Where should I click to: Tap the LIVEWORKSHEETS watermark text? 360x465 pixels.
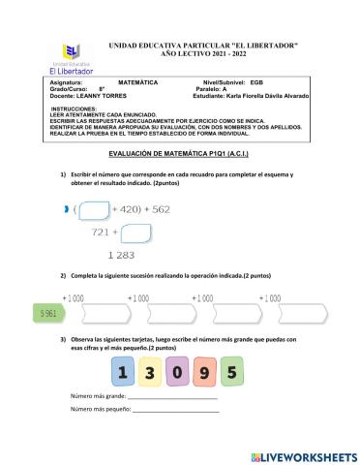304,455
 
